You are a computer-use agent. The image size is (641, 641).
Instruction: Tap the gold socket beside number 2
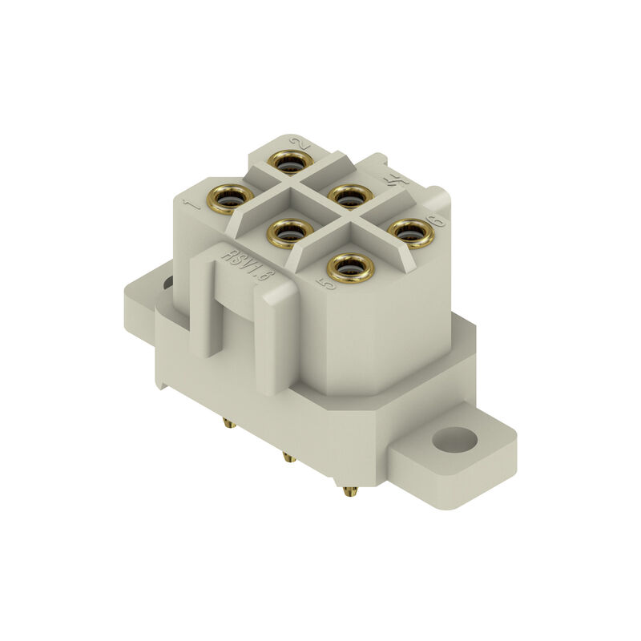[289, 163]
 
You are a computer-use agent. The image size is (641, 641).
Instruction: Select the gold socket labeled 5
[350, 267]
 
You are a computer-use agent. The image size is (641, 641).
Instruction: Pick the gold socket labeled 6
[410, 232]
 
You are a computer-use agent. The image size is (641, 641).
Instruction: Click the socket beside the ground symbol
[350, 196]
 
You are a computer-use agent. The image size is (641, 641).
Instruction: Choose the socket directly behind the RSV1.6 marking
[289, 233]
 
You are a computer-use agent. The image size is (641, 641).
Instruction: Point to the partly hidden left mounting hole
[167, 283]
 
